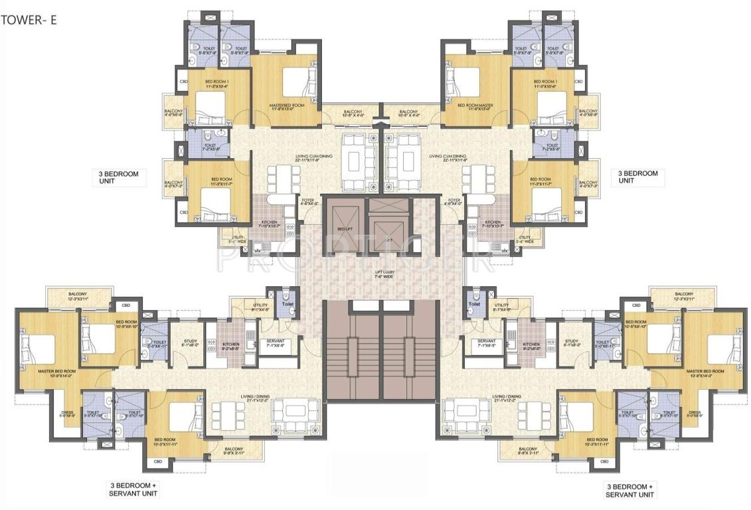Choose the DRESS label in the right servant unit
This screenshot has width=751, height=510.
click(x=695, y=414)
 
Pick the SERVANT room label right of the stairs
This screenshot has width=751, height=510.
click(x=487, y=342)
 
